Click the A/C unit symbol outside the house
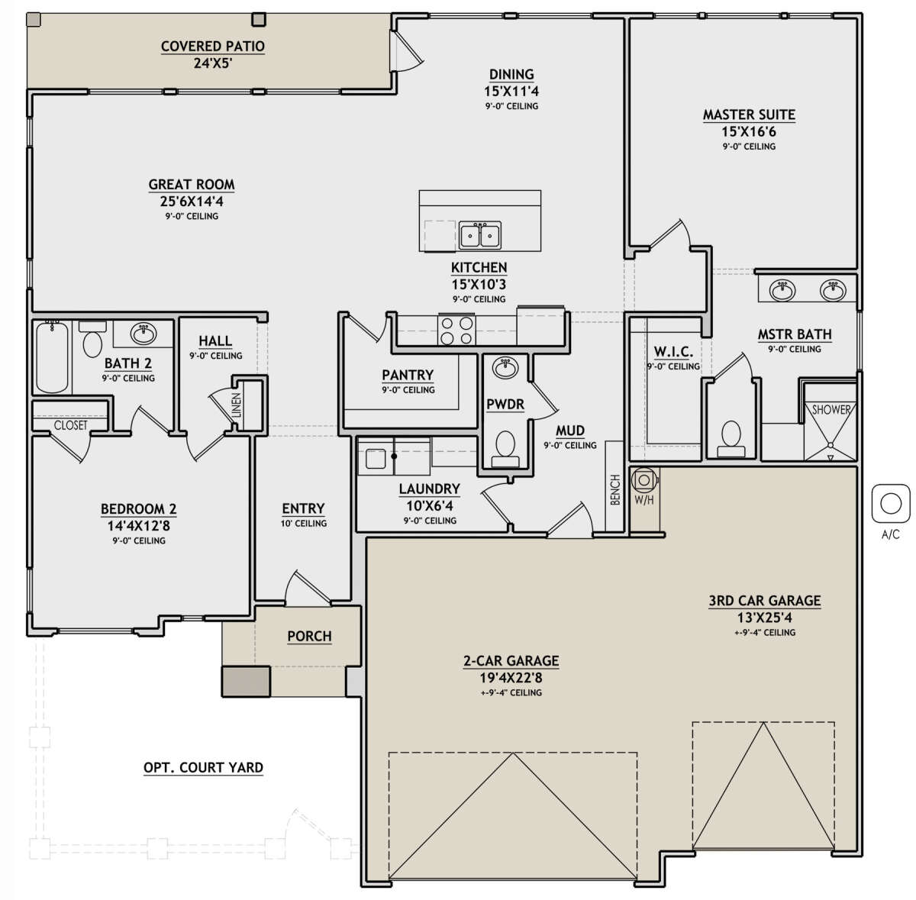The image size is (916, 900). pyautogui.click(x=890, y=504)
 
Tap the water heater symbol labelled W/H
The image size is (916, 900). pyautogui.click(x=644, y=480)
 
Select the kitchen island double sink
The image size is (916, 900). pyautogui.click(x=479, y=234)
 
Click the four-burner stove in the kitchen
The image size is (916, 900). pyautogui.click(x=456, y=330)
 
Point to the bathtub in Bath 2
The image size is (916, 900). pyautogui.click(x=53, y=356)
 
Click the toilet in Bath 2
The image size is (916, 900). pyautogui.click(x=92, y=338)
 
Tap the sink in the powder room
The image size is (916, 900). pyautogui.click(x=505, y=368)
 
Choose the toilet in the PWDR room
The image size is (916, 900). pyautogui.click(x=505, y=448)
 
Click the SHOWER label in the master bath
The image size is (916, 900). pyautogui.click(x=831, y=409)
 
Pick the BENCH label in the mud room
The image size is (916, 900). pyautogui.click(x=614, y=489)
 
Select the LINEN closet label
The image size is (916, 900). pyautogui.click(x=236, y=405)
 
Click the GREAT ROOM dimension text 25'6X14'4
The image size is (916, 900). pyautogui.click(x=192, y=201)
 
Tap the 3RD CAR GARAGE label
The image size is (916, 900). pyautogui.click(x=764, y=601)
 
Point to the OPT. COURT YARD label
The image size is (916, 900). pyautogui.click(x=203, y=767)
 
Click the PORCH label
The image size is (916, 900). pyautogui.click(x=309, y=636)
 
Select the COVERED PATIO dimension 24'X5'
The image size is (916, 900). pyautogui.click(x=212, y=63)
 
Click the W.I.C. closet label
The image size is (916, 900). pyautogui.click(x=673, y=351)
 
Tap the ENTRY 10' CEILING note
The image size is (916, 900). pyautogui.click(x=303, y=523)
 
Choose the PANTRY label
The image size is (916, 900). pyautogui.click(x=408, y=375)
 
